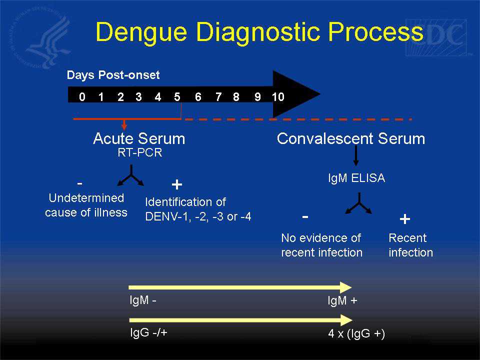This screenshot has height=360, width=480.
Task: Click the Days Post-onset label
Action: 113,75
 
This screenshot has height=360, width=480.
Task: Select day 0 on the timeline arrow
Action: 82,97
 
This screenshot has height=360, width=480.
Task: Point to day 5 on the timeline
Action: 177,97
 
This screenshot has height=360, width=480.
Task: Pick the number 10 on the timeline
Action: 278,97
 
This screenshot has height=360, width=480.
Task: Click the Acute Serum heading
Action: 139,138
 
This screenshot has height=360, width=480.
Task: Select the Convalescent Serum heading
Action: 351,138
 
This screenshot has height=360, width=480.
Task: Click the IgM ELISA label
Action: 356,178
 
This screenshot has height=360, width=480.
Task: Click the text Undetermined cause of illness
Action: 86,205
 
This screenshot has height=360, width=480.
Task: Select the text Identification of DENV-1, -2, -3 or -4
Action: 198,209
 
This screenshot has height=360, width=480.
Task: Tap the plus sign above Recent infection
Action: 405,218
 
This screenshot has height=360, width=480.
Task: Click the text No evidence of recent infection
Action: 321,245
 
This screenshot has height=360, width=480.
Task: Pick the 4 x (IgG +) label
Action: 355,334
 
